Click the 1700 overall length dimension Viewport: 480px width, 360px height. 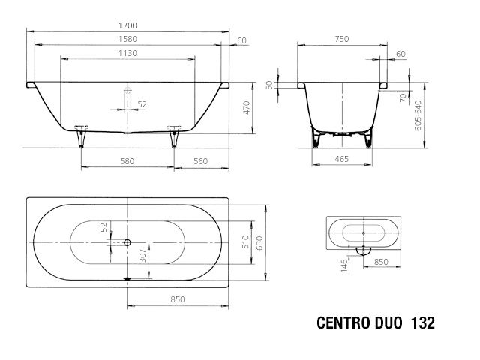[x=127, y=25]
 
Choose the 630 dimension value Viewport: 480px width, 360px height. [x=259, y=242]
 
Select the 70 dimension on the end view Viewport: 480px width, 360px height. [x=402, y=97]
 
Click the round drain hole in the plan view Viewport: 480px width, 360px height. [x=127, y=242]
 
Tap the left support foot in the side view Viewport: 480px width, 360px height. [x=80, y=138]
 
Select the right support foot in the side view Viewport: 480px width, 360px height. [x=175, y=138]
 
